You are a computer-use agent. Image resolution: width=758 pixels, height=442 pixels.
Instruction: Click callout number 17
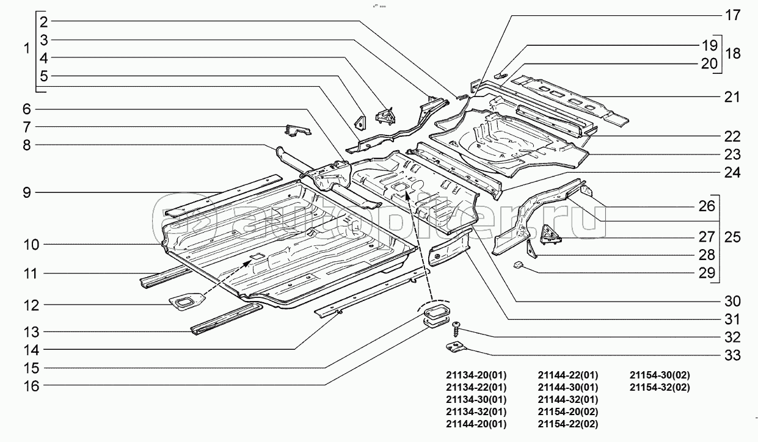point(732,16)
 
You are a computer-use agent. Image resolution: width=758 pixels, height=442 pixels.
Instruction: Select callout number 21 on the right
point(732,96)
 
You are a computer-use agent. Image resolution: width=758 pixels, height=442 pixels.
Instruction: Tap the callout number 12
point(31,304)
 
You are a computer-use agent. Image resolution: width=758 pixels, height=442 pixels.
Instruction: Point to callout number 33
point(732,355)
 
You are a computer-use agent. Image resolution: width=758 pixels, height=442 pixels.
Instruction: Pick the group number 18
point(733,54)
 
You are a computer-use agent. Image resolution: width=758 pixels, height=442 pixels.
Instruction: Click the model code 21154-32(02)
point(660,387)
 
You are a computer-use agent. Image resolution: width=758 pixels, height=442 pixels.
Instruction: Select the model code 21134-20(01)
point(476,375)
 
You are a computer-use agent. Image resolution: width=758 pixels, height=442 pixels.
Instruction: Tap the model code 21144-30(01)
point(568,387)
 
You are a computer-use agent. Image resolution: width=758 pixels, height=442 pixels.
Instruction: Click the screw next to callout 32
point(456,329)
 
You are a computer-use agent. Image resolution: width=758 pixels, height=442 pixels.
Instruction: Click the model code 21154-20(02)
point(568,411)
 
